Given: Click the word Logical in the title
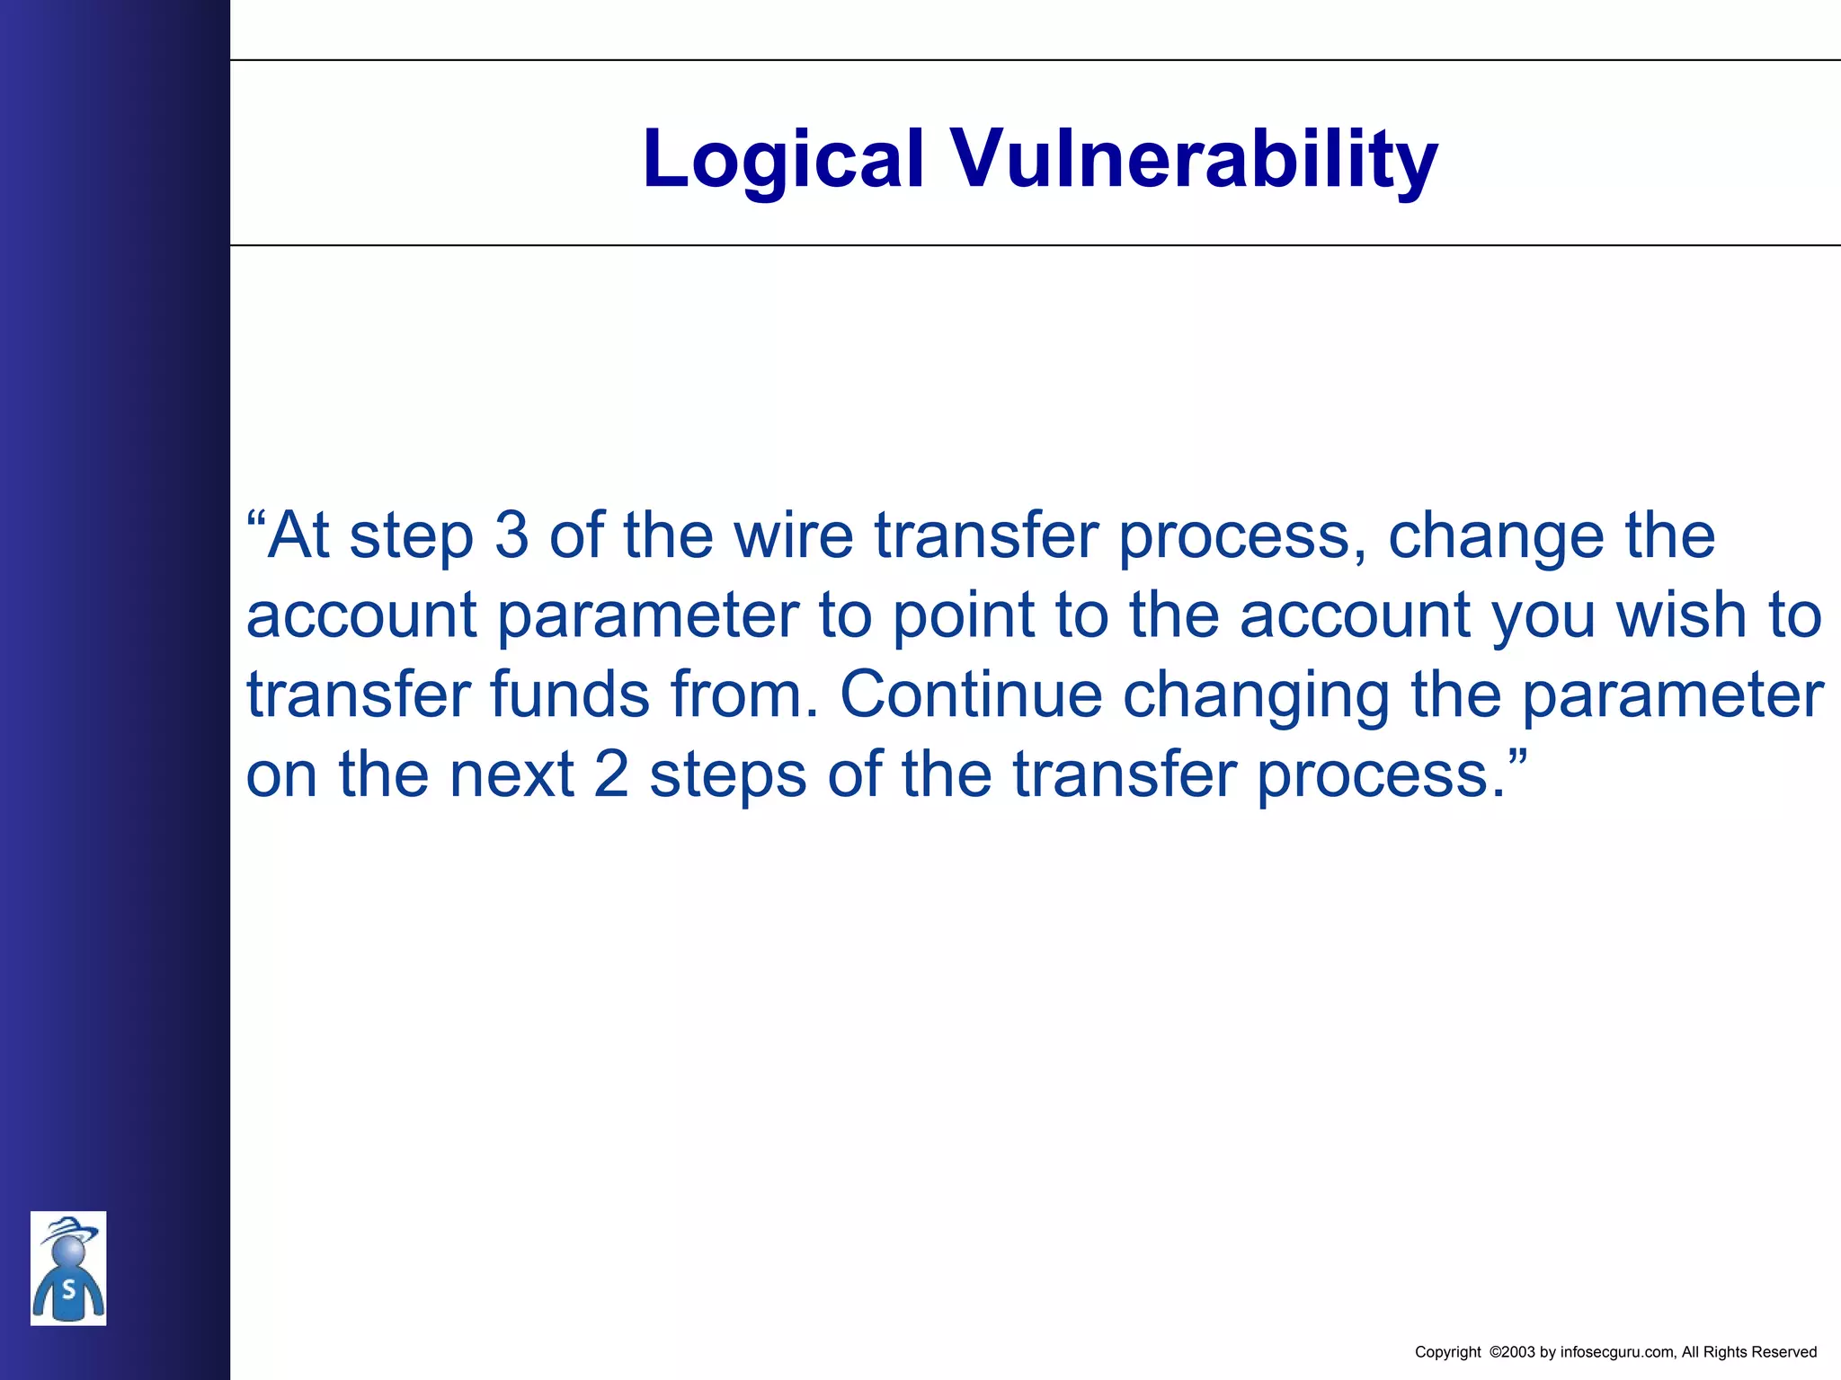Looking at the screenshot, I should click(783, 160).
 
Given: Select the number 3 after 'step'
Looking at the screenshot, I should click(511, 535).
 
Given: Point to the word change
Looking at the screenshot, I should click(1495, 535).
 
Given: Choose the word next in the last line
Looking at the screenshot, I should click(511, 774).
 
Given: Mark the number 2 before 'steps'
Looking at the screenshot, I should click(611, 774).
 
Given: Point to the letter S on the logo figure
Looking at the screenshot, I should click(68, 1290).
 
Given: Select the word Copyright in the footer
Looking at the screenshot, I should click(1447, 1352).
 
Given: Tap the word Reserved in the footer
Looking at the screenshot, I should click(1784, 1352).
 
